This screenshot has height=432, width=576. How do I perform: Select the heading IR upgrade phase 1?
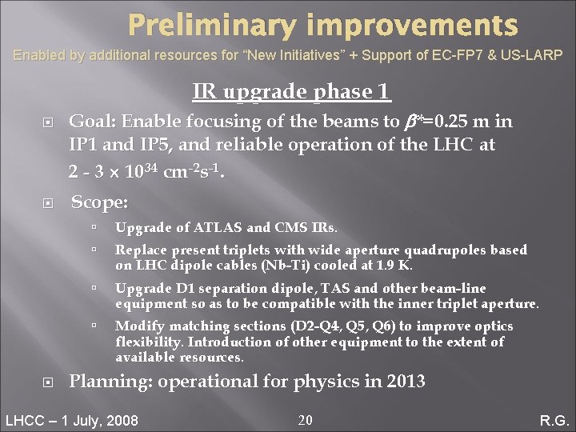click(x=292, y=92)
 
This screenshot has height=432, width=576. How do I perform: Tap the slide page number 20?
click(x=305, y=420)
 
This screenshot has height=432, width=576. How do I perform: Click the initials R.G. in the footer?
click(x=553, y=421)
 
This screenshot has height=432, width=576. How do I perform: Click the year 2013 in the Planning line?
click(x=406, y=382)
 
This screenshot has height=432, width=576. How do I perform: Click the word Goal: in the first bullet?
click(x=94, y=122)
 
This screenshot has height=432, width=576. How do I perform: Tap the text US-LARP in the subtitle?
click(x=534, y=55)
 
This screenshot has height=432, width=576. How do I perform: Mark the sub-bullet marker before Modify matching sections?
click(x=94, y=326)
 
